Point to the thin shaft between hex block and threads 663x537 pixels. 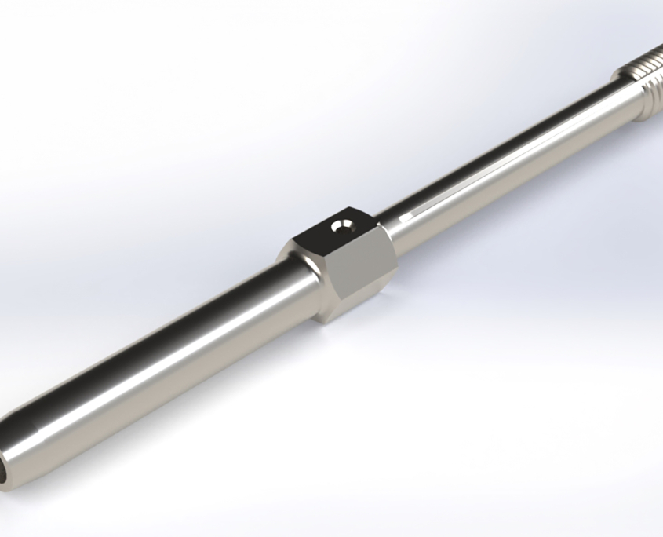pyautogui.click(x=502, y=157)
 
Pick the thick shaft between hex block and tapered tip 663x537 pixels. pyautogui.click(x=173, y=353)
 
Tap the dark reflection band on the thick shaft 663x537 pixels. pyautogui.click(x=157, y=330)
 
